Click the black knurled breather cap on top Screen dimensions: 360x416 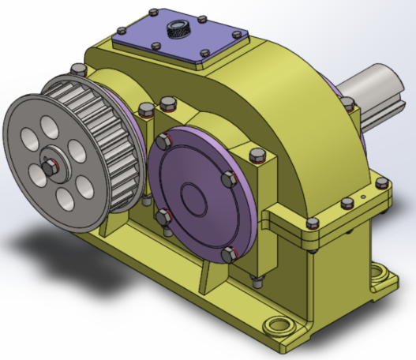(x=179, y=31)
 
